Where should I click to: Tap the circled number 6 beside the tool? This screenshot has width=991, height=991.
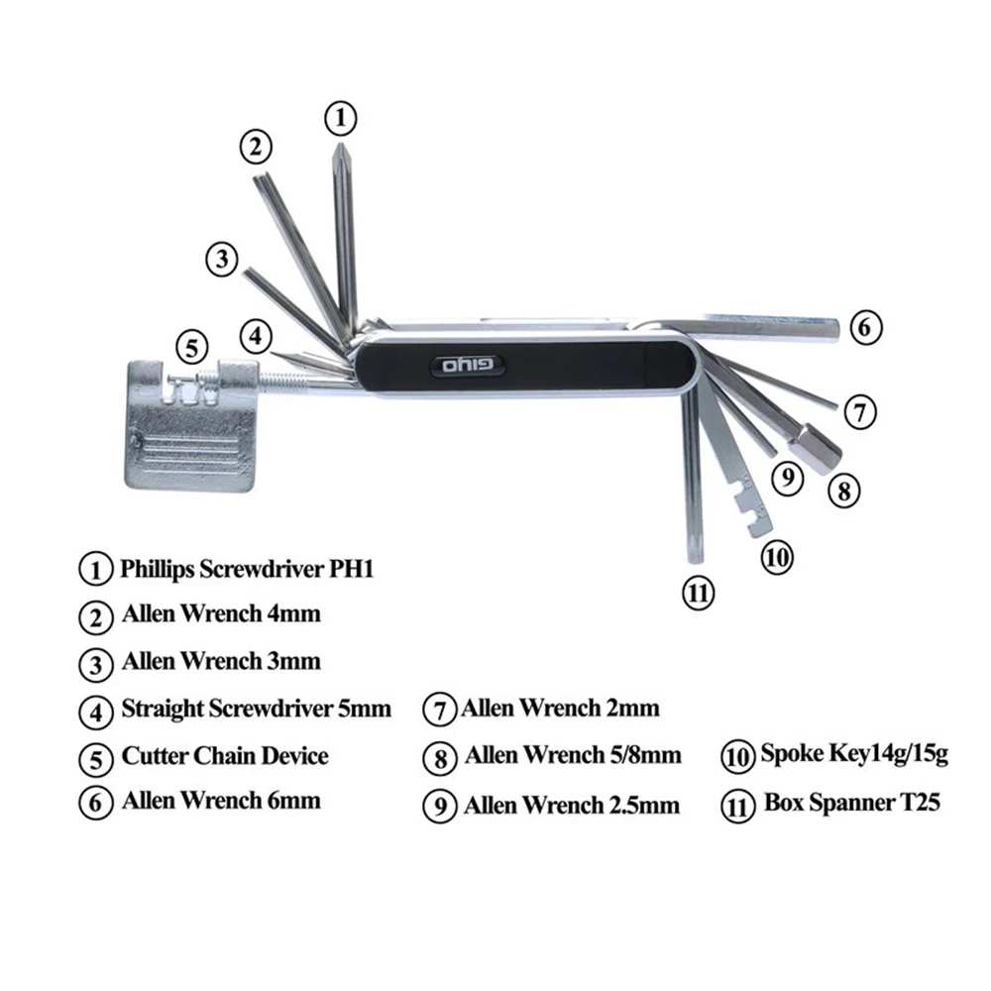[x=865, y=327]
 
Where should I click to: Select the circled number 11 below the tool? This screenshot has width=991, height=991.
[x=699, y=594]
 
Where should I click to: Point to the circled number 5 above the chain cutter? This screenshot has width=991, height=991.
[x=193, y=348]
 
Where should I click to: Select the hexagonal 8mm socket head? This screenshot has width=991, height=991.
[x=821, y=448]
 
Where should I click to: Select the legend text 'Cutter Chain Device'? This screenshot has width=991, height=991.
[x=224, y=756]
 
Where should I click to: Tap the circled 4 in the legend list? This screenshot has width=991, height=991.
[x=95, y=711]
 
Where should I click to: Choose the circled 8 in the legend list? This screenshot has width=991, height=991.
[x=439, y=758]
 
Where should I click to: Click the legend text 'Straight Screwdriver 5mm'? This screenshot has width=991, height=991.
[x=256, y=710]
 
